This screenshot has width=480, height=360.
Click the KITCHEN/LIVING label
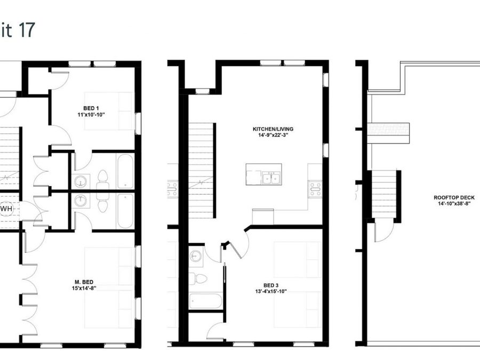tap(274, 129)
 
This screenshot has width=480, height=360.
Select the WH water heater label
tap(6, 209)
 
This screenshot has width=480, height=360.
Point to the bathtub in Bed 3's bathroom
tap(205, 301)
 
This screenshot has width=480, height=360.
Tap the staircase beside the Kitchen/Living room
tap(202, 170)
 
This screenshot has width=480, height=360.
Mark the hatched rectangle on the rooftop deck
tap(388, 130)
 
